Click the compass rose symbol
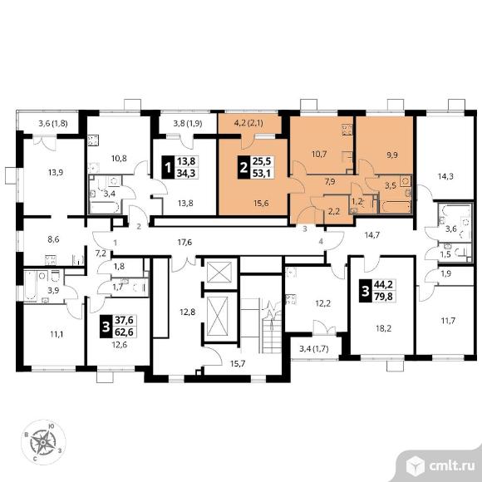coord(43,442)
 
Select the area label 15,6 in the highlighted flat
coord(260,203)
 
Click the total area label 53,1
coord(261,174)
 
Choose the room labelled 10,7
coord(319,155)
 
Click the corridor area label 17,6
coord(184,243)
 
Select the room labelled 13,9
coord(56,173)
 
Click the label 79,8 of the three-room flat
coord(384,297)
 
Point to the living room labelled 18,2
coord(383,328)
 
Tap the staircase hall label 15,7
coord(238,364)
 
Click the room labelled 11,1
coord(57,333)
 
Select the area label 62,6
coord(124,332)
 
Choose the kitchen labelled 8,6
coord(53,239)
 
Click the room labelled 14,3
coord(445,176)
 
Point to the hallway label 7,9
coord(330,182)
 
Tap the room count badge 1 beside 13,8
coord(168,168)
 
